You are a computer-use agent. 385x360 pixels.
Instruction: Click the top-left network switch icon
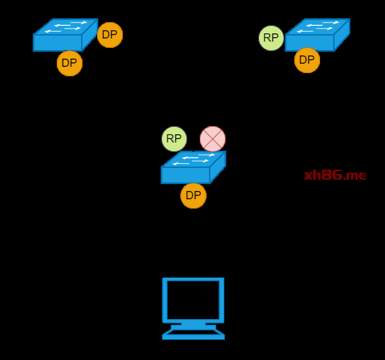pos(65,35)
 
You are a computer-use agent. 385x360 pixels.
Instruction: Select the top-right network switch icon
pos(317,35)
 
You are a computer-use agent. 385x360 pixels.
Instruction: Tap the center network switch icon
pos(193,168)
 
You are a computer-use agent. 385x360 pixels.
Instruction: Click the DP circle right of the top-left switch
pos(110,35)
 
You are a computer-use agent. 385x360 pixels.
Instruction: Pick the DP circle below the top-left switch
pos(69,63)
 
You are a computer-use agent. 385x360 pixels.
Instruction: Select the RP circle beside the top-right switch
pos(271,38)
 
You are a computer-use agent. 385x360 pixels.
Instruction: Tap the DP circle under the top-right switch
pos(307,61)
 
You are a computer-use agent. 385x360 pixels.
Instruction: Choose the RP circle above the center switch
pos(174,139)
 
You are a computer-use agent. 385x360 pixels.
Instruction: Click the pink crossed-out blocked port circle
pos(212,139)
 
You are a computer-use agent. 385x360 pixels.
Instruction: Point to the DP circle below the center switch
pos(193,195)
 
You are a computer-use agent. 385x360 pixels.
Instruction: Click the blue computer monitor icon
pos(193,308)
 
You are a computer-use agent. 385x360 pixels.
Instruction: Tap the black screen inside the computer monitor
pos(193,299)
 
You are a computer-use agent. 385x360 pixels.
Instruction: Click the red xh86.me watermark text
pos(335,176)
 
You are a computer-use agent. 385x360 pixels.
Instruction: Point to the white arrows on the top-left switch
pos(67,26)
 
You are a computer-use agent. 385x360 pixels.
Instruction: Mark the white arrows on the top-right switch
pos(319,26)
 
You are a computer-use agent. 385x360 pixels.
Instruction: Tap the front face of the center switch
pos(185,175)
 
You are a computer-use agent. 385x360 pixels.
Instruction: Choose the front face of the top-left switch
pos(57,43)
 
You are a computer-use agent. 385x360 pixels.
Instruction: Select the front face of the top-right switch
pos(309,43)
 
